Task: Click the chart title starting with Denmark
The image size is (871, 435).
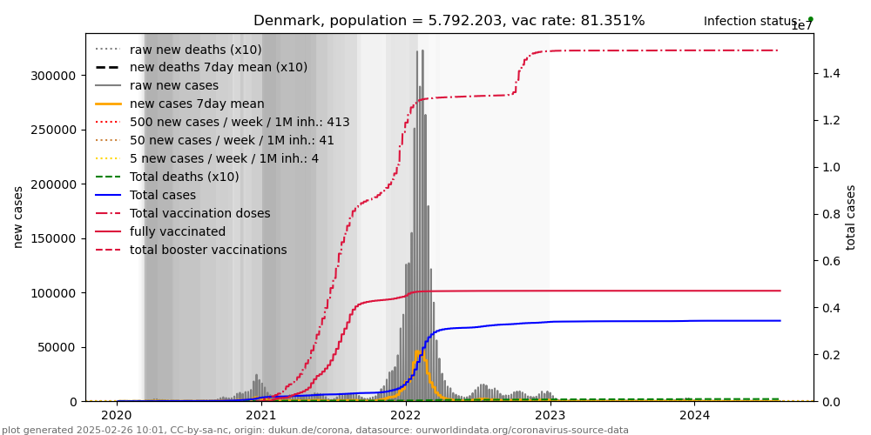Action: (x=449, y=21)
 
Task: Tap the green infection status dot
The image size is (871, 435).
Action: (x=810, y=18)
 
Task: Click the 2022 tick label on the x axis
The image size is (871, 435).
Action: (x=406, y=416)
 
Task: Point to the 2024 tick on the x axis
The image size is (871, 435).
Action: (x=695, y=416)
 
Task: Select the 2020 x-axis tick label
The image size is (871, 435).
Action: (x=117, y=416)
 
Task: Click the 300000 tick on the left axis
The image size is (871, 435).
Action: (x=53, y=76)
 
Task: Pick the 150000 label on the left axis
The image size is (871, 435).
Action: (x=53, y=238)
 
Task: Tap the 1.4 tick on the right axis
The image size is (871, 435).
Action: (x=831, y=73)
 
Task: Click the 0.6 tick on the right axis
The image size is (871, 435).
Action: (x=831, y=261)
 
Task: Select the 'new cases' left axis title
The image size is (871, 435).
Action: (x=18, y=217)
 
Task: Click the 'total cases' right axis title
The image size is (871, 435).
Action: (x=852, y=217)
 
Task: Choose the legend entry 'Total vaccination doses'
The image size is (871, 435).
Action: (x=199, y=213)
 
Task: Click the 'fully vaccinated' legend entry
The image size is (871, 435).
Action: (x=178, y=232)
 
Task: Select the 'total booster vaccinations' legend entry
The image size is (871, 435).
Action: (x=208, y=251)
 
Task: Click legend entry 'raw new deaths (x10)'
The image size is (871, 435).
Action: (x=195, y=50)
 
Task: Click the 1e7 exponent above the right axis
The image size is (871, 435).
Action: (x=801, y=26)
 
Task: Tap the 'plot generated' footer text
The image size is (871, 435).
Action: (x=314, y=430)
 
